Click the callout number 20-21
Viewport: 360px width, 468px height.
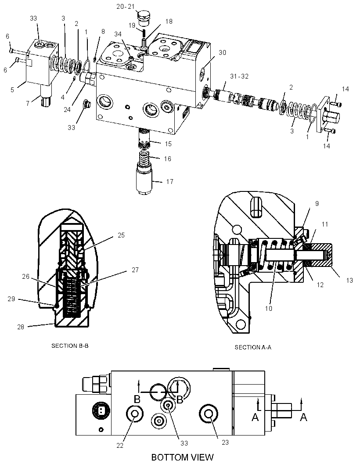click(x=126, y=7)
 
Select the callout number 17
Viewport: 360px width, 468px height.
click(x=169, y=181)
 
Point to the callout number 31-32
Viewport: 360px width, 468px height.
click(x=239, y=76)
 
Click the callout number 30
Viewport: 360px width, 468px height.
click(x=222, y=53)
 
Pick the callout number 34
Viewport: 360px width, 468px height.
click(x=118, y=34)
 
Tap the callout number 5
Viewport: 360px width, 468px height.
click(x=12, y=90)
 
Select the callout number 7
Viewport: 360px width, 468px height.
click(x=28, y=103)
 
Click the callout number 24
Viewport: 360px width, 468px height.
click(x=67, y=110)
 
